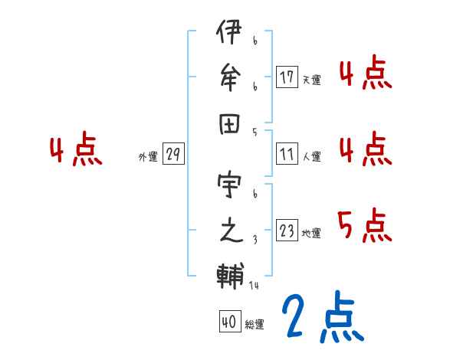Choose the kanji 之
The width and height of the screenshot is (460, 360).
[x=228, y=232]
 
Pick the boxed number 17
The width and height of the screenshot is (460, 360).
[x=287, y=77]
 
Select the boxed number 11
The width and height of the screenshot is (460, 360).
[x=287, y=155]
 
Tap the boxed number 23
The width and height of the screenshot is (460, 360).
[x=287, y=231]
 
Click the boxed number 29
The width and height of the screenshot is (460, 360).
[x=173, y=155]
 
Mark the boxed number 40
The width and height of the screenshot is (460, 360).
[x=228, y=322]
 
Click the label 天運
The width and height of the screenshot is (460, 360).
[x=311, y=80]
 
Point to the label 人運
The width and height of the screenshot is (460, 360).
[x=311, y=157]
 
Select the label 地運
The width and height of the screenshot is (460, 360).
[x=311, y=234]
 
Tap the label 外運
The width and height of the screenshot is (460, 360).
[x=147, y=157]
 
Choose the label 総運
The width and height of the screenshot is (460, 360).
[x=254, y=325]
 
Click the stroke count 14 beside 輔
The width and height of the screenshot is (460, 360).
[x=253, y=286]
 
